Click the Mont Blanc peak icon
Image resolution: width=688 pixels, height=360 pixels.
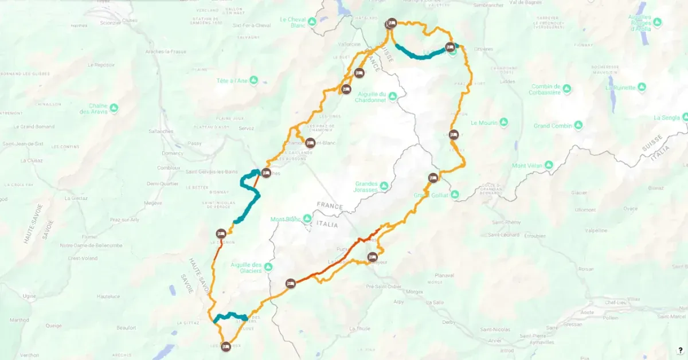[307, 219]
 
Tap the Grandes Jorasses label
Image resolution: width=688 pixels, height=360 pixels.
[369, 186]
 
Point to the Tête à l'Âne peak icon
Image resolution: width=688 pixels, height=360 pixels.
[253, 81]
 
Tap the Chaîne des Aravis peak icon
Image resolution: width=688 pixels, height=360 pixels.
[114, 108]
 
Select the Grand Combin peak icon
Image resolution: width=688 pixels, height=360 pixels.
[578, 125]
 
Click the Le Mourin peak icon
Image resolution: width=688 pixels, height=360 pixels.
[503, 123]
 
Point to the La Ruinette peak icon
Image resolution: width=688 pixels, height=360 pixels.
[642, 88]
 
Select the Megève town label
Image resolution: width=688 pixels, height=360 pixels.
[153, 202]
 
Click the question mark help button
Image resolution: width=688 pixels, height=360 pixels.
[680, 350]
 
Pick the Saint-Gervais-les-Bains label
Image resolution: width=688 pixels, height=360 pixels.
[212, 172]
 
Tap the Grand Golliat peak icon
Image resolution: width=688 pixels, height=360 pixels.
[455, 195]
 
